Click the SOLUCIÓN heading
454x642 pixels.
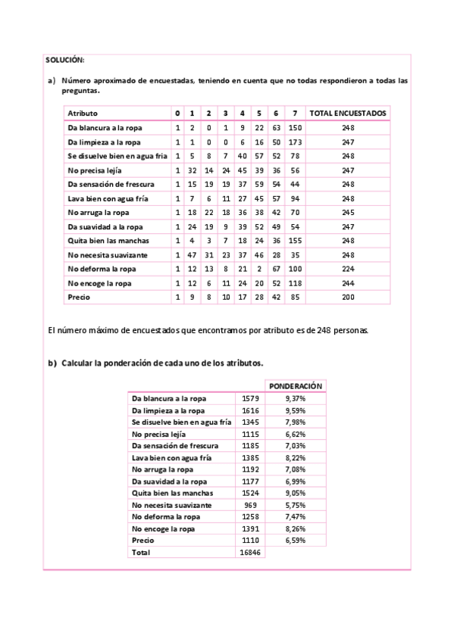coord(65,59)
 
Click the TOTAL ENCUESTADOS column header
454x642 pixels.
coord(348,113)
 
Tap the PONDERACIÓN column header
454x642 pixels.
coord(296,385)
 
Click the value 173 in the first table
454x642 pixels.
coord(296,142)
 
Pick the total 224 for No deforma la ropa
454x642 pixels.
coord(348,269)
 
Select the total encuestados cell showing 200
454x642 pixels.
coord(348,297)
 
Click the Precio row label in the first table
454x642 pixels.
coord(80,297)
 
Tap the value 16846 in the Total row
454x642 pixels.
coord(250,552)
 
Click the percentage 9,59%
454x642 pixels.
coord(296,410)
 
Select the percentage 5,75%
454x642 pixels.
coord(296,504)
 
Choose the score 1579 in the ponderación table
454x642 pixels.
coord(250,397)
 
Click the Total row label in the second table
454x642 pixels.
coord(141,552)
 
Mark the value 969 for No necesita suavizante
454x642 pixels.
coord(250,504)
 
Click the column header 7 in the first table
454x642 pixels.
coord(295,113)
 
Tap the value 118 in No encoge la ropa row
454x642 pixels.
coord(296,283)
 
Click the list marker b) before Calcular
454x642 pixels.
coord(52,363)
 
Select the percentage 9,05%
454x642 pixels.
coord(296,492)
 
